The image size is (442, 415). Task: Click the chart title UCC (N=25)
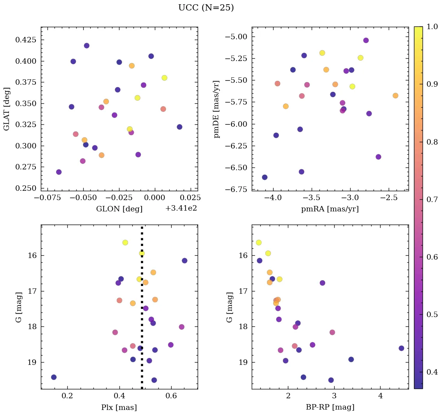206,8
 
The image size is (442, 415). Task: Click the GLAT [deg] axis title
7,108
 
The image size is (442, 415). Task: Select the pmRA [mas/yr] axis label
330,209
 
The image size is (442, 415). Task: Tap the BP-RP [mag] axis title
330,407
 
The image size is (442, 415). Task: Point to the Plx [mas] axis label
119,407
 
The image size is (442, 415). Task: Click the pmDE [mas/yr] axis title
217,109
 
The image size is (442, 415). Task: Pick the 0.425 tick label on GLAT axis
26,40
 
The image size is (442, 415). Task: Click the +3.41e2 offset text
181,208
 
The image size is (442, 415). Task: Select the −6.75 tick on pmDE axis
237,190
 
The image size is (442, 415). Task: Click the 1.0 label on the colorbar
433,27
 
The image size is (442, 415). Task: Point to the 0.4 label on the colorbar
433,372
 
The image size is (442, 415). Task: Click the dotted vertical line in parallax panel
142,311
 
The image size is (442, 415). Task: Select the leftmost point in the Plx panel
54,377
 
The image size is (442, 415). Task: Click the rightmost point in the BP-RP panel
402,348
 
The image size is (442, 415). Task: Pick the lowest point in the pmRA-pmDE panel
265,177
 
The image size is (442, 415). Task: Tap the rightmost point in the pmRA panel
395,96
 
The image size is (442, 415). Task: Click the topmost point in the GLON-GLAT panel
86,45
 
